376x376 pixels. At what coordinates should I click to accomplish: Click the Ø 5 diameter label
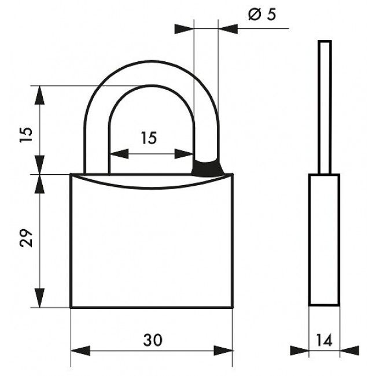coord(262,14)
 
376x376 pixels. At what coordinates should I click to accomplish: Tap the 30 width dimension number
coord(153,340)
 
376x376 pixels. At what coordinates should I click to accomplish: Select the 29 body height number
coord(26,238)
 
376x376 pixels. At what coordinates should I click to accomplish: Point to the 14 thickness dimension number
coord(324,340)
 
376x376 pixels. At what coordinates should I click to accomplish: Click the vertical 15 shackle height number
coord(26,134)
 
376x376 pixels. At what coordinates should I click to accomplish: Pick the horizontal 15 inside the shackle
coord(149,138)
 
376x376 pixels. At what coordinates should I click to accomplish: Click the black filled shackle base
coord(208,168)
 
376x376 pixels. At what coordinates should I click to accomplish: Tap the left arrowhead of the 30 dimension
coord(80,351)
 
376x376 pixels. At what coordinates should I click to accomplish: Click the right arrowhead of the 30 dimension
coord(223,351)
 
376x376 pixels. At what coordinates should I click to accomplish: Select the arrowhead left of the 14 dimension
coord(299,351)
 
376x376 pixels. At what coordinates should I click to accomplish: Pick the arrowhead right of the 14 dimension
coord(349,351)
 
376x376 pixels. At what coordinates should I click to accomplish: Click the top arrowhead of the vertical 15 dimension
coord(39,95)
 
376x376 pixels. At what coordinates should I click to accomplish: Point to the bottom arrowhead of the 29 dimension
coord(39,298)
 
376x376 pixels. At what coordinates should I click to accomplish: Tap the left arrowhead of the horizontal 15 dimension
coord(119,154)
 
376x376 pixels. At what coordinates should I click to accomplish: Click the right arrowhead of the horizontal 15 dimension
coord(184,154)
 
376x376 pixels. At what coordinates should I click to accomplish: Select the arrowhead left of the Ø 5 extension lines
coord(184,29)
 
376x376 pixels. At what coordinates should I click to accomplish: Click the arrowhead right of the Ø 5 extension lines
coord(228,29)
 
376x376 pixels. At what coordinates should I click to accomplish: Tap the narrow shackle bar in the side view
coord(325,107)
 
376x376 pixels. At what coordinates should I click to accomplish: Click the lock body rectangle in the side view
coord(324,240)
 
